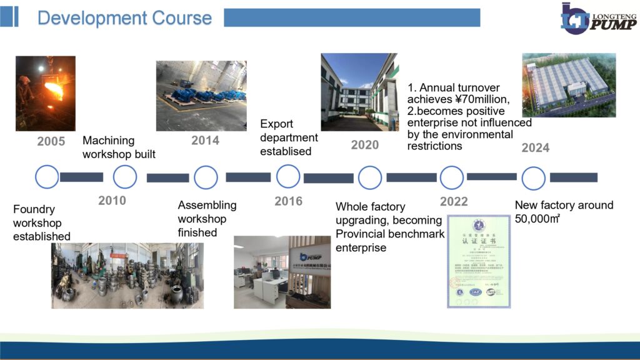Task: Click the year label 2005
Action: point(51,141)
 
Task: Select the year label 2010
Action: point(112,201)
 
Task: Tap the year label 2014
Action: point(205,141)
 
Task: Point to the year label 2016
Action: point(288,201)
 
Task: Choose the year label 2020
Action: point(365,145)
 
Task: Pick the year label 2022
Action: point(454,201)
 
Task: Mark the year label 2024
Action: point(536,148)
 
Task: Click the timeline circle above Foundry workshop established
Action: point(47,177)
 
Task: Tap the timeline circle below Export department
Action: point(288,177)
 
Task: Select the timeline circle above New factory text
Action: point(533,178)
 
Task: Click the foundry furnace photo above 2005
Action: point(45,94)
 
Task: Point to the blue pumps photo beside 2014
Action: point(201,96)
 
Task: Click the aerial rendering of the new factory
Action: point(569,85)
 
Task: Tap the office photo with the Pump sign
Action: point(282,272)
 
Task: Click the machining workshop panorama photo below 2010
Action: point(127,276)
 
